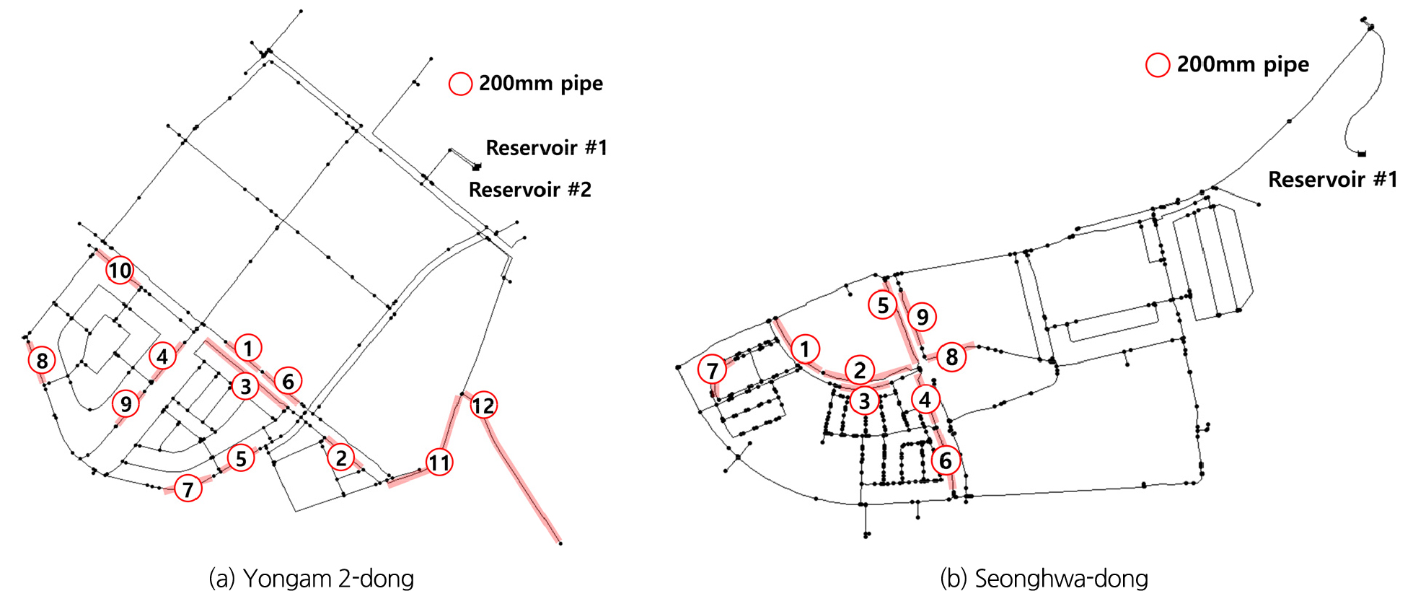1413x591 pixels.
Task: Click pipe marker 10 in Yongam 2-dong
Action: pos(120,271)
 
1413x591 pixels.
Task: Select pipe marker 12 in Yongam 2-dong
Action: pos(483,406)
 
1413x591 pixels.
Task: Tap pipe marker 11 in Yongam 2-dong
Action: pos(439,462)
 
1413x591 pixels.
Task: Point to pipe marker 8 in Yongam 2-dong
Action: pos(42,360)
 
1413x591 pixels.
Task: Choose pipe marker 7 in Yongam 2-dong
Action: pos(188,489)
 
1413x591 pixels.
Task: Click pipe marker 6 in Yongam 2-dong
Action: pos(288,381)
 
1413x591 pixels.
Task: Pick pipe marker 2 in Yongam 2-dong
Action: pos(340,457)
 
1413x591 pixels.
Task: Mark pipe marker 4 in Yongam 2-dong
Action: pos(162,356)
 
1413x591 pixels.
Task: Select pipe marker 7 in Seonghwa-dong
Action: pos(712,370)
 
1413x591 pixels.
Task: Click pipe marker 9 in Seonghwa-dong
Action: pos(922,317)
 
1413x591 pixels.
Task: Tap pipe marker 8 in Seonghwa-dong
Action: pos(951,356)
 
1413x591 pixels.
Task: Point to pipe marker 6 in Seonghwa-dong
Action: pos(945,460)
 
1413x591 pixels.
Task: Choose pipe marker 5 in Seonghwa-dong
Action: pos(883,305)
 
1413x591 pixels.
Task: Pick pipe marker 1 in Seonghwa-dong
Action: pos(805,349)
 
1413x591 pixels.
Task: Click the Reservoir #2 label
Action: pos(529,190)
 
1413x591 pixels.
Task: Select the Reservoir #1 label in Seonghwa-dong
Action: pos(1332,179)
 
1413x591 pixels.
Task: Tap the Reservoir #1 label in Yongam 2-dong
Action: pos(546,148)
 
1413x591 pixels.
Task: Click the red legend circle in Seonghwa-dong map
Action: pos(1158,65)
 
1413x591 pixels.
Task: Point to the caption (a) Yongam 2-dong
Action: pos(311,578)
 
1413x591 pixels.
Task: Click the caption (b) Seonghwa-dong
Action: pos(1044,578)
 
